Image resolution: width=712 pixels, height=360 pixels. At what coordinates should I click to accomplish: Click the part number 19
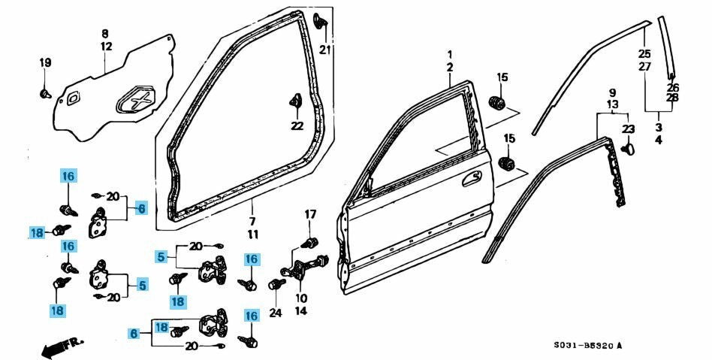(45, 62)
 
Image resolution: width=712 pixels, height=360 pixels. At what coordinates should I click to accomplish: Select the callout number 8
(105, 33)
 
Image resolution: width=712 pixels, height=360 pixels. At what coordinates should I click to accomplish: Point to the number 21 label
(324, 50)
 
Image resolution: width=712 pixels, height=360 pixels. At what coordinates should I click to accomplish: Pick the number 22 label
(297, 125)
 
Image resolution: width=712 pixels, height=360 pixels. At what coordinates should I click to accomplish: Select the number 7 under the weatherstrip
(253, 221)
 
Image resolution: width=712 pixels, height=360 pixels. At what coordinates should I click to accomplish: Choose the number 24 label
(276, 313)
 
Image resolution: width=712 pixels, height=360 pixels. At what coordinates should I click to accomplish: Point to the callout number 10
(300, 298)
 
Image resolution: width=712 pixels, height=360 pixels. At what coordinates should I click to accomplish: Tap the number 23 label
(628, 129)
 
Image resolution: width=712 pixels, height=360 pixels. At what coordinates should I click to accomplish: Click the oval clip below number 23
(629, 148)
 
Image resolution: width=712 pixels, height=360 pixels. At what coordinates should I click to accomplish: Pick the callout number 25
(644, 53)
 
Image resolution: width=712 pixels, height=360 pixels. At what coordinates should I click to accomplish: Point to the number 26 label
(672, 86)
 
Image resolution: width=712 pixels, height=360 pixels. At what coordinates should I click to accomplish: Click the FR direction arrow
(61, 347)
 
